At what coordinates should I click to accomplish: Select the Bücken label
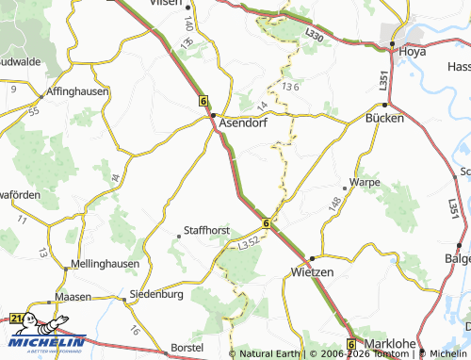click(x=384, y=119)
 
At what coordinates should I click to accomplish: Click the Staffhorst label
click(x=206, y=230)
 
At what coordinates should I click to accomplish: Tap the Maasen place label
click(x=73, y=296)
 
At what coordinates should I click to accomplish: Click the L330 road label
click(x=314, y=35)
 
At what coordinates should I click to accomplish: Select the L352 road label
click(x=250, y=244)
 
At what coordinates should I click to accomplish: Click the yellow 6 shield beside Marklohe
click(x=351, y=344)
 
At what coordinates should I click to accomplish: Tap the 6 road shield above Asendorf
click(x=203, y=99)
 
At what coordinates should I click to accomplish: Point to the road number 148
click(x=334, y=203)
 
